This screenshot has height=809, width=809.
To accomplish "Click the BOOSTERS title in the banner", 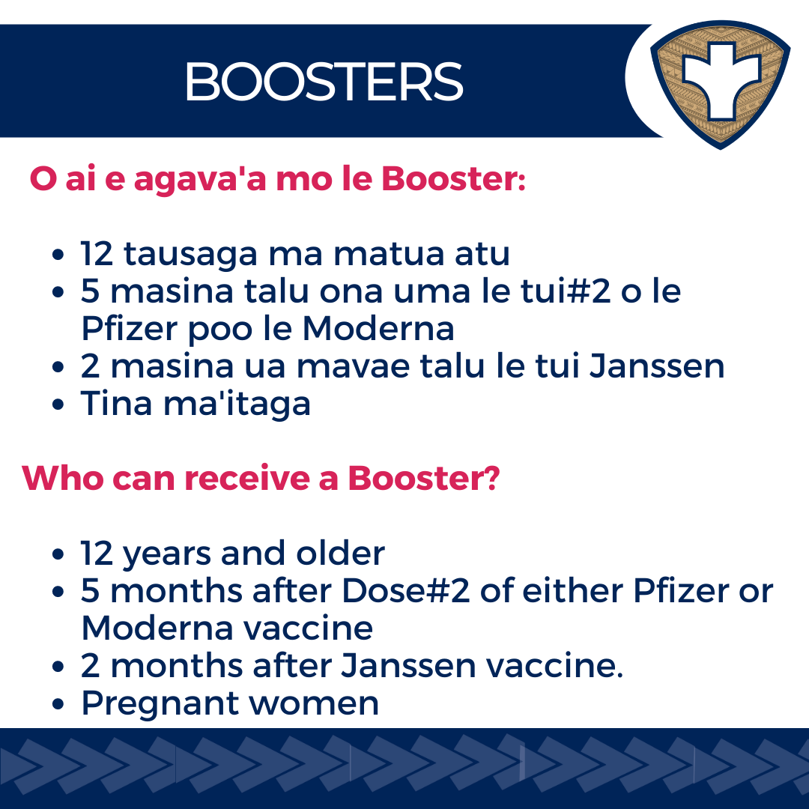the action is coord(324,82).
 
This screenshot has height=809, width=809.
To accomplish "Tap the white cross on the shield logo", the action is coord(721,80).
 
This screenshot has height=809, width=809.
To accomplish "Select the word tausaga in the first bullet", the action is coord(190,255).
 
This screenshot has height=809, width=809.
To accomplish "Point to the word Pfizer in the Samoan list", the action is coord(130,329).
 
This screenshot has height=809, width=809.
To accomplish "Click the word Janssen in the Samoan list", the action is coord(657,366).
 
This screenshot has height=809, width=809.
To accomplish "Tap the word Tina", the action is coord(116,403).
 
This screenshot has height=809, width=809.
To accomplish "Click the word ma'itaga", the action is coord(237,404).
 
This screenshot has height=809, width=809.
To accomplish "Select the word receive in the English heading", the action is coord(246,478).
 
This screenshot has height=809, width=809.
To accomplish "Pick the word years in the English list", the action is coord(166,554).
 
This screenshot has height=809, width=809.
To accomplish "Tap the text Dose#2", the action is coord(406,590).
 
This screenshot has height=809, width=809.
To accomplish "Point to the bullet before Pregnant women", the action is coord(58,704).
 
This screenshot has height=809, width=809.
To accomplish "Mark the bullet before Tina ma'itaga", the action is coord(58,404).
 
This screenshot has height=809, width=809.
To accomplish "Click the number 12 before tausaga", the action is coord(97,254).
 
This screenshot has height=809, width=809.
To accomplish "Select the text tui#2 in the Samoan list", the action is coord(566,291).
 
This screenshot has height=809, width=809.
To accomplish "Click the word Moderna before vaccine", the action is coord(157,628).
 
